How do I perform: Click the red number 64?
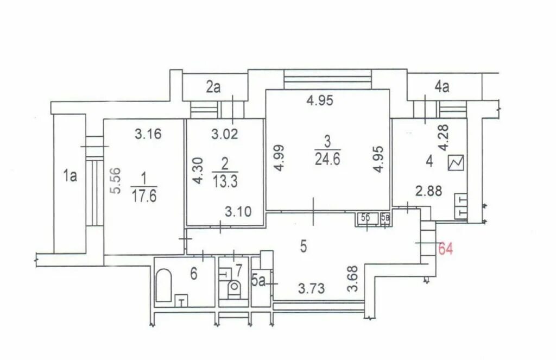[x=446, y=249]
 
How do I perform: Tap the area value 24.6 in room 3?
[x=327, y=159]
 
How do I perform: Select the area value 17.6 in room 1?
[x=144, y=196]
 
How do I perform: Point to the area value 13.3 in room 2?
[x=225, y=181]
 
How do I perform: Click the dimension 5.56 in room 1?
[x=116, y=180]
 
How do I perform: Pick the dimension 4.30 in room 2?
[x=198, y=170]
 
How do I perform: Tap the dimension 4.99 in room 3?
[x=279, y=158]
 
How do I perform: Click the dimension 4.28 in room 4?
[x=443, y=137]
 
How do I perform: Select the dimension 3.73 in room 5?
[x=311, y=288]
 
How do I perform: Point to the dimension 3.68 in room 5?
[x=353, y=279]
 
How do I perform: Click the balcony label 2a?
[x=213, y=87]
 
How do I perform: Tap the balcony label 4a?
[x=442, y=86]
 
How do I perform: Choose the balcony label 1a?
[x=70, y=175]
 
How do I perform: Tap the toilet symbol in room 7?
[x=233, y=289]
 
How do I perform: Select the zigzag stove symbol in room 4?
[x=456, y=163]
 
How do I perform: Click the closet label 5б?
[x=365, y=218]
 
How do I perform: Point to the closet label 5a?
[x=258, y=281]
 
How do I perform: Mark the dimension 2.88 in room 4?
[x=429, y=191]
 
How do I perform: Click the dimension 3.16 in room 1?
[x=148, y=134]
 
